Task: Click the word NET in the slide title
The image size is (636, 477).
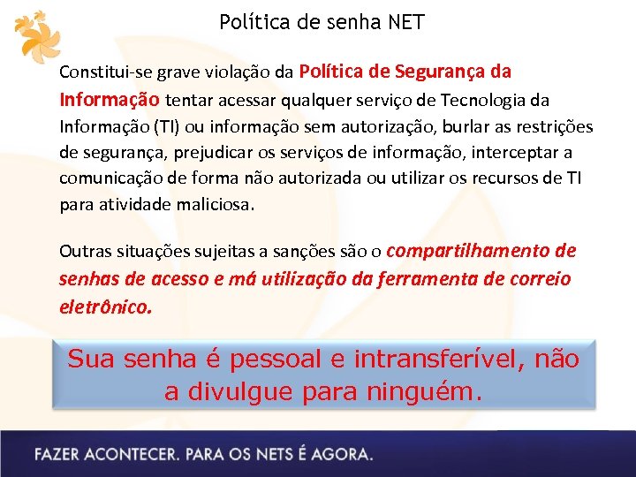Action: click(405, 22)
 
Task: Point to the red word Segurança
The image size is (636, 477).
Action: click(444, 71)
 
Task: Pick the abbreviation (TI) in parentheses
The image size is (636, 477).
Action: click(165, 126)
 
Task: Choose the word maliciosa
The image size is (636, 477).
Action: click(215, 205)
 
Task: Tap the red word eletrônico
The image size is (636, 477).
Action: click(105, 307)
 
